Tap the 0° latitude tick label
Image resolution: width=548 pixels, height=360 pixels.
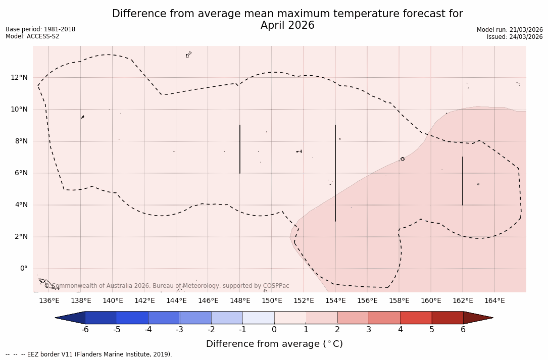23,269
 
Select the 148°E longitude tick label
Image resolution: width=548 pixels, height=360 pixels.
240,301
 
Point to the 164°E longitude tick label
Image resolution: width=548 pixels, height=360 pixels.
494,301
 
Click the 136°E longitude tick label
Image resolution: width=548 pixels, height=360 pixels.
49,301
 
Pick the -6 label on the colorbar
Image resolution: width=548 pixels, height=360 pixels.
85,330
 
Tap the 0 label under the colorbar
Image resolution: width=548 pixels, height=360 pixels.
274,330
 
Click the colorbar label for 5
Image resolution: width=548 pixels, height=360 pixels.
432,330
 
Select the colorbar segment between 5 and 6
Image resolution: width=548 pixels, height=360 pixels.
447,318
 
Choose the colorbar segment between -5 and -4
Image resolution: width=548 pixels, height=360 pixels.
132,318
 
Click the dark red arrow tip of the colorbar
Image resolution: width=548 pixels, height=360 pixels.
480,318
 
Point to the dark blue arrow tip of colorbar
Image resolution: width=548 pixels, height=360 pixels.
68,318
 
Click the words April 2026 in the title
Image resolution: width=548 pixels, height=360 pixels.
287,25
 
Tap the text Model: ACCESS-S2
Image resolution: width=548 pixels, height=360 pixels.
32,36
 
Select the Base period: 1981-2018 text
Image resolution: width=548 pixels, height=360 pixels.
40,29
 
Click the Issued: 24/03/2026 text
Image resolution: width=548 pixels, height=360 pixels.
515,37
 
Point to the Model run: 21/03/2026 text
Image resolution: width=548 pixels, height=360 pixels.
510,30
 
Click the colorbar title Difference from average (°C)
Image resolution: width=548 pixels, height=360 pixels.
274,344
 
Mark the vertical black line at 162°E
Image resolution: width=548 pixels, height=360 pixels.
462,181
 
